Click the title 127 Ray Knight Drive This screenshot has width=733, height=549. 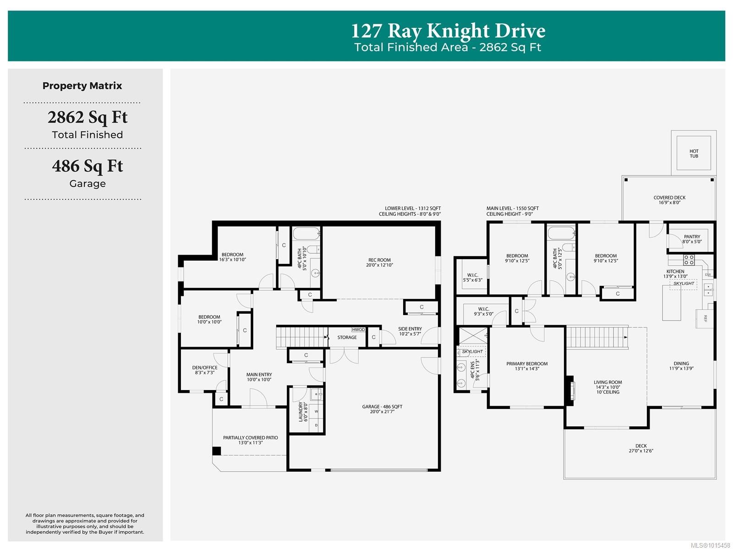[x=448, y=31]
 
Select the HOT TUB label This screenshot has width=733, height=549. [x=694, y=153]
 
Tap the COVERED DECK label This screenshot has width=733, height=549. [x=669, y=200]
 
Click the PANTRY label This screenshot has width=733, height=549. [x=692, y=239]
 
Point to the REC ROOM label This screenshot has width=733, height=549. [x=379, y=262]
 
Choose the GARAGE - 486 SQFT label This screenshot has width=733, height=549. [x=382, y=409]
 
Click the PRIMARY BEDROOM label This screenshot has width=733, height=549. [x=527, y=366]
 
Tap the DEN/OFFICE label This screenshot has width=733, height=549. [x=205, y=370]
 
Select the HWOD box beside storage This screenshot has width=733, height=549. [x=358, y=330]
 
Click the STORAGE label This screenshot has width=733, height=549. [x=347, y=337]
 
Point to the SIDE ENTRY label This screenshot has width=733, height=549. [x=410, y=331]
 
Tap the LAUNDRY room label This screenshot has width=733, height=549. [x=303, y=411]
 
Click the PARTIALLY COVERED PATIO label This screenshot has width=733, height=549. [x=250, y=440]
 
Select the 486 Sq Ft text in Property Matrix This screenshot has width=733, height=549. [x=88, y=166]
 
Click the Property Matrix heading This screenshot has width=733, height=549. [x=82, y=86]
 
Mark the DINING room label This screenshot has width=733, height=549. [x=681, y=366]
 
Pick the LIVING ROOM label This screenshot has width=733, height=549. [x=607, y=387]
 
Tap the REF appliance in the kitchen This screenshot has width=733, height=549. [x=705, y=318]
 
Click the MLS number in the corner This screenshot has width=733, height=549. [x=710, y=545]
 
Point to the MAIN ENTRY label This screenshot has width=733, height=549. [x=259, y=377]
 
